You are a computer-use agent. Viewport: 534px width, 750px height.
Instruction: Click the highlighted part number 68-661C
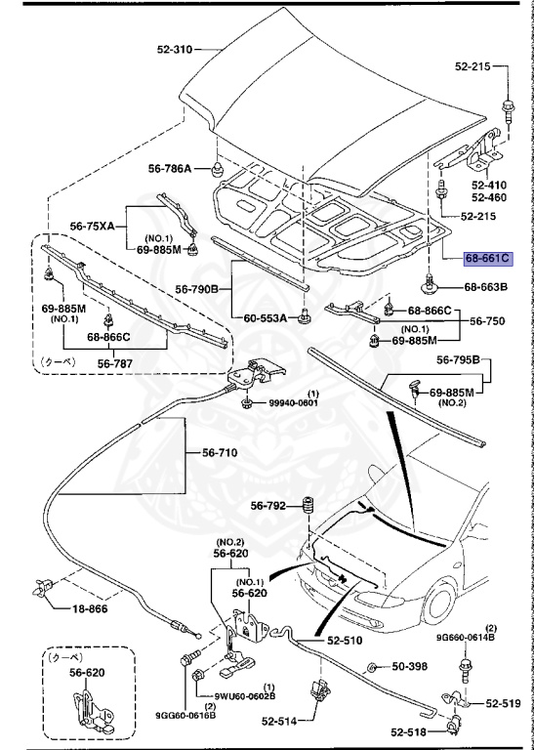(x=485, y=259)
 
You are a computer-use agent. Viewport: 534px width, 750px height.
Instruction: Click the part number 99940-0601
(x=295, y=404)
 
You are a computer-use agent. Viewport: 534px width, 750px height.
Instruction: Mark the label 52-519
(x=504, y=702)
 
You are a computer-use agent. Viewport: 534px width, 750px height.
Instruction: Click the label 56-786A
(x=171, y=168)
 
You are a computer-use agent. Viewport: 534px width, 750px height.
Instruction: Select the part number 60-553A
(x=266, y=318)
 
